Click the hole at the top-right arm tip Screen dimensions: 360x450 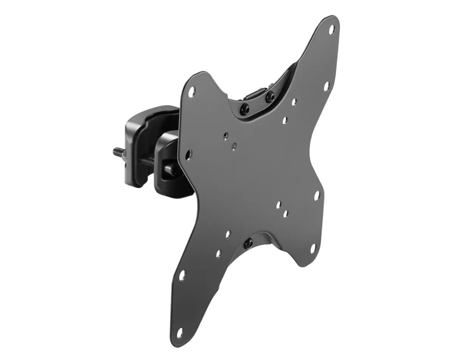pos(332,30)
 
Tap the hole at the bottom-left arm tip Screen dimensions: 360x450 pos(180,333)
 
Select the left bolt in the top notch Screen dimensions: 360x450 pos(244,108)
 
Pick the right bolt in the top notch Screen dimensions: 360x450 pos(270,96)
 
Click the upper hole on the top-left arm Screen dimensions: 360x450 pos(191,91)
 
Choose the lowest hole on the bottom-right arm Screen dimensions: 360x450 pos(313,248)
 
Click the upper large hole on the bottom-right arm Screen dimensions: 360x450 pos(317,196)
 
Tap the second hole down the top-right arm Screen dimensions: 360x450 pos(326,85)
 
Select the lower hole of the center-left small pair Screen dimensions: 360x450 pos(234,146)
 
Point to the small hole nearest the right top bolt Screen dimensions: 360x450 pos(293,102)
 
